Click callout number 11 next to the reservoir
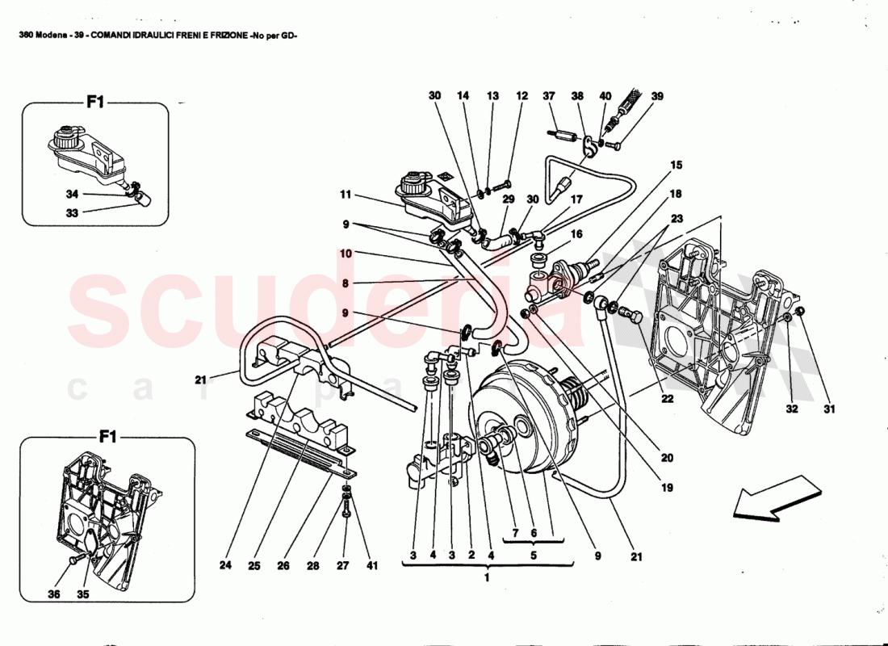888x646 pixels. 346,195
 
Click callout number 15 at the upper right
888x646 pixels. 676,166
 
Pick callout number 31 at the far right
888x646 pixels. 829,409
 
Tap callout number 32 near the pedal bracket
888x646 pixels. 792,409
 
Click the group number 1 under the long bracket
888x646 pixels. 487,578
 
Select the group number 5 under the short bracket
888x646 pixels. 532,556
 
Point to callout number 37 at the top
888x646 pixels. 549,96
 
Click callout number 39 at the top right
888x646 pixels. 657,96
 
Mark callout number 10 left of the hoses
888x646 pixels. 346,254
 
